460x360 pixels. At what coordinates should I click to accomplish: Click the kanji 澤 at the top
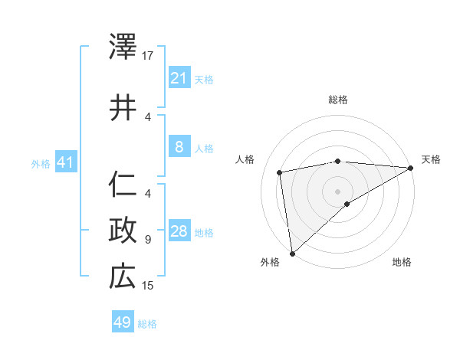point(123,47)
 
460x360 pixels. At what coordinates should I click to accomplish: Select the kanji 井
point(123,107)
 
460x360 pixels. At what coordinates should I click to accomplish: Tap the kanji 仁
point(123,185)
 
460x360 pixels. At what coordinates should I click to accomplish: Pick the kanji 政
point(123,229)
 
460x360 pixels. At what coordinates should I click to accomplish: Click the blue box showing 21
point(179,78)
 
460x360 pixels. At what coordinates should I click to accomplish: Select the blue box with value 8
point(179,147)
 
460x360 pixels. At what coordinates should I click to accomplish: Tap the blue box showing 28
point(179,232)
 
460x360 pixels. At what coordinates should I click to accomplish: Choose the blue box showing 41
point(65,163)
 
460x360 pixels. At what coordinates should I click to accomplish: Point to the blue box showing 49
point(123,322)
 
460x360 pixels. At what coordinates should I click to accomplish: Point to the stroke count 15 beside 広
point(148,286)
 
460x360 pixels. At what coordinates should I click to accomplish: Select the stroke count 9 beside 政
point(148,240)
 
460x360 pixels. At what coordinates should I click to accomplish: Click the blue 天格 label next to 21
point(204,79)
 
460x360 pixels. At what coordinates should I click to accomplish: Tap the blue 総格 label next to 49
point(147,324)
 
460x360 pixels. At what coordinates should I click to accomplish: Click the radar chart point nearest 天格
point(411,169)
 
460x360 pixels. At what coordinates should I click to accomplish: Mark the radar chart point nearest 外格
point(292,253)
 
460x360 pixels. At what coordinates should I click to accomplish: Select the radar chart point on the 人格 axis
point(280,172)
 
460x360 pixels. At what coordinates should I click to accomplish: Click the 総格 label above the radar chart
point(337,100)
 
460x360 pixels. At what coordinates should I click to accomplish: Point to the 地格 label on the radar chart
point(402,262)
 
